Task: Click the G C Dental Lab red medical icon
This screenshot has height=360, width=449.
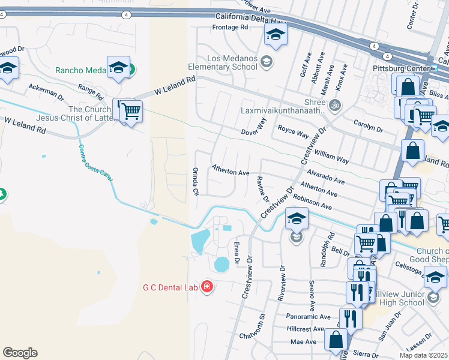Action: [x=206, y=287]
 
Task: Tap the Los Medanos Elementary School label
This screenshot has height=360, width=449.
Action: [x=232, y=62]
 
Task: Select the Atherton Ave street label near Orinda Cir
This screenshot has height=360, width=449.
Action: [x=230, y=172]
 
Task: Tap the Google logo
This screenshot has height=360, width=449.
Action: [x=20, y=353]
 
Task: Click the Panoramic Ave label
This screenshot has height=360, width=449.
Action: [x=309, y=317]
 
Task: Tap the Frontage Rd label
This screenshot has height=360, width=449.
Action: [x=230, y=28]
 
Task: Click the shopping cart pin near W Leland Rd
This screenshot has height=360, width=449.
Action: [x=130, y=110]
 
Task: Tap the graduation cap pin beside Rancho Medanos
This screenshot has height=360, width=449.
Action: [x=118, y=67]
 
